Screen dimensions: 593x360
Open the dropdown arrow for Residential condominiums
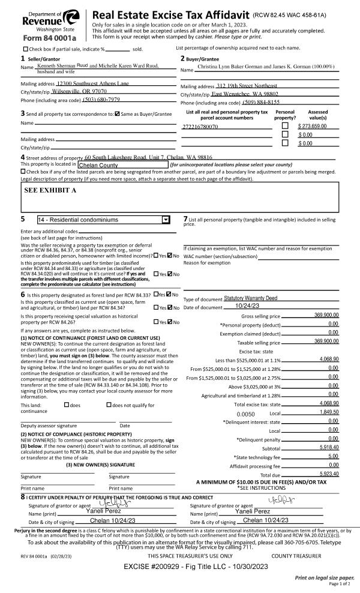tap(166, 220)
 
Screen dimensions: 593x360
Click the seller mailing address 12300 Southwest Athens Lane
tap(92, 83)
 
